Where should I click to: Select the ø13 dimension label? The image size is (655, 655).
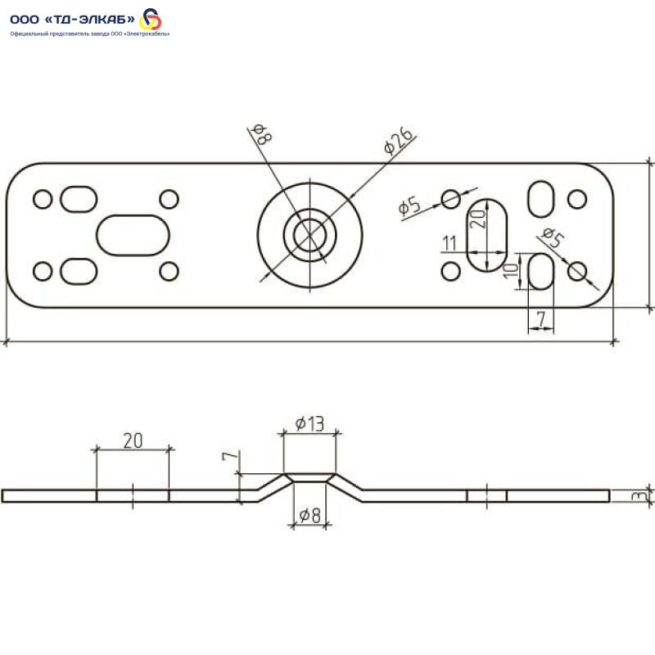[x=309, y=423]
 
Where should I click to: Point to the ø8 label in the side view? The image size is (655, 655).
[x=309, y=516]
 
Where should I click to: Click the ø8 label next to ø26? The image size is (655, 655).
[x=261, y=134]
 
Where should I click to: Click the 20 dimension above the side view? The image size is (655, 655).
[x=133, y=440]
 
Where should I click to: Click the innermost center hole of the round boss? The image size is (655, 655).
[x=309, y=235]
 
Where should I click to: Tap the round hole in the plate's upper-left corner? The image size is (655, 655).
[x=43, y=199]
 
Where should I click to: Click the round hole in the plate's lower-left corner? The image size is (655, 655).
[x=43, y=270]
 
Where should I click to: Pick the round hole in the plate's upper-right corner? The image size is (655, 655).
[x=577, y=199]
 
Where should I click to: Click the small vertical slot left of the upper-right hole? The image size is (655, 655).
[x=540, y=197]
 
